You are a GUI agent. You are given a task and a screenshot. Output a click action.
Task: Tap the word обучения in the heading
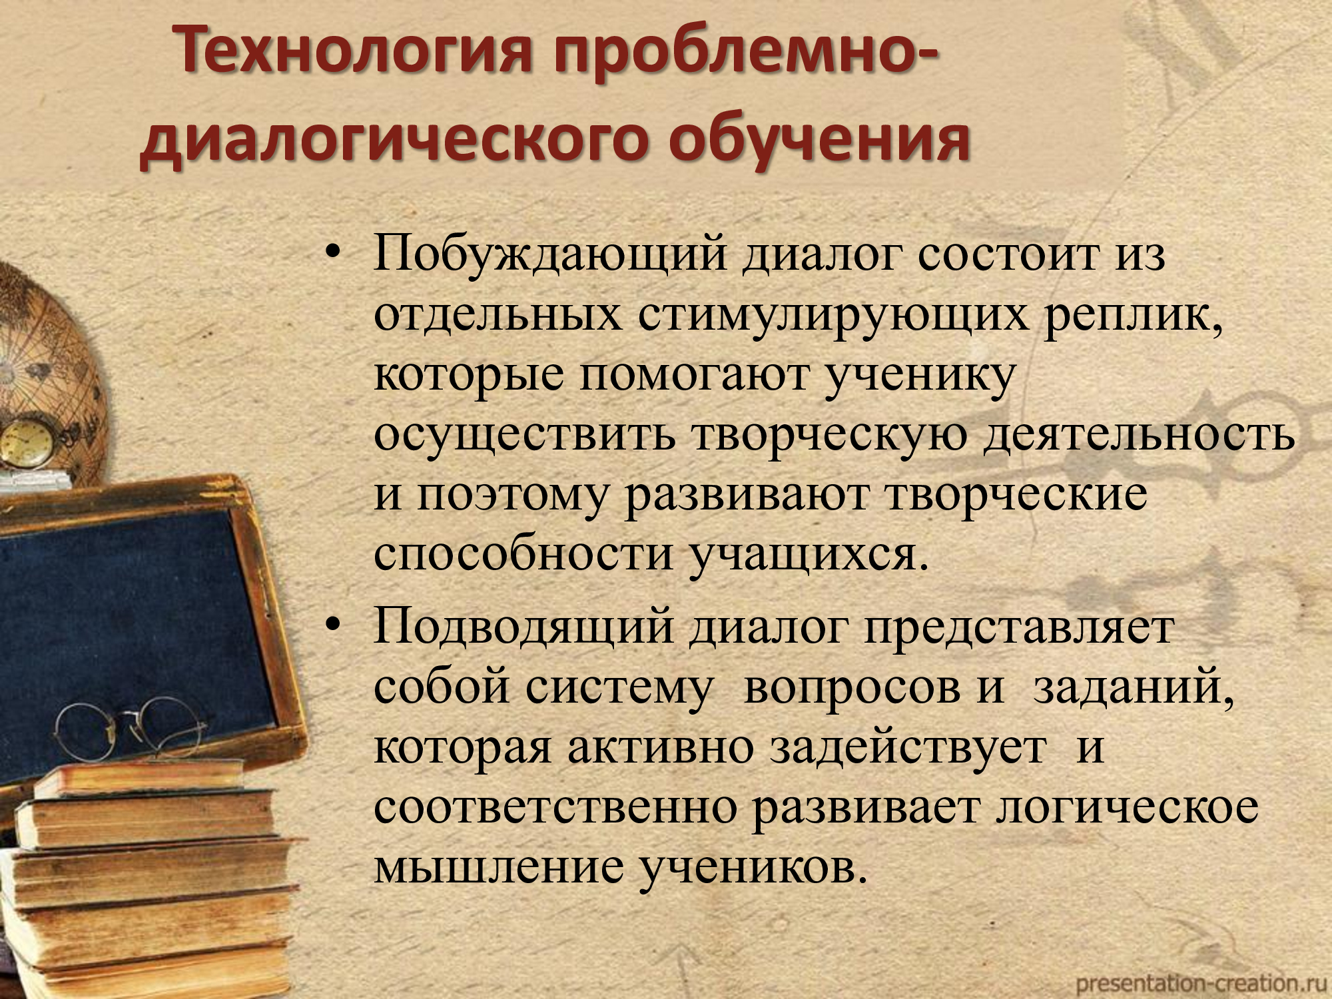click(820, 141)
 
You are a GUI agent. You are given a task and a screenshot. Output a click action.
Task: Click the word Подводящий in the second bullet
click(523, 628)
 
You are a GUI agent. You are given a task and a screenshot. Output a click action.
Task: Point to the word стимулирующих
click(833, 316)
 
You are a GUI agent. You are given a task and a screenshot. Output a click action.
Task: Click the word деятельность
click(1140, 435)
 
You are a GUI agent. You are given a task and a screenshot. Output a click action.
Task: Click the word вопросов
click(852, 688)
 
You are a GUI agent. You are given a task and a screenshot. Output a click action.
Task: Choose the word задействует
click(908, 747)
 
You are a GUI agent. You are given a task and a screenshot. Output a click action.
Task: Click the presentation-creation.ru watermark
click(1201, 982)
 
